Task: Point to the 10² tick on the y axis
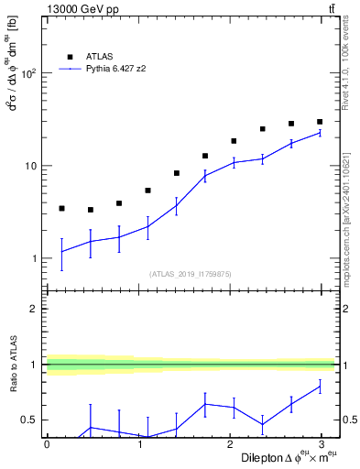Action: pyautogui.click(x=27, y=73)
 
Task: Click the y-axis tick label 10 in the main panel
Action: pyautogui.click(x=29, y=166)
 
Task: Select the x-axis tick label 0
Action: pyautogui.click(x=47, y=443)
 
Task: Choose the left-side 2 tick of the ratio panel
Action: pyautogui.click(x=33, y=309)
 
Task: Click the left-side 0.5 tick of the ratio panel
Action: pyautogui.click(x=29, y=420)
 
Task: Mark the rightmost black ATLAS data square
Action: pyautogui.click(x=320, y=122)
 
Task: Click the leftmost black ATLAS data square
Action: pyautogui.click(x=61, y=209)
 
